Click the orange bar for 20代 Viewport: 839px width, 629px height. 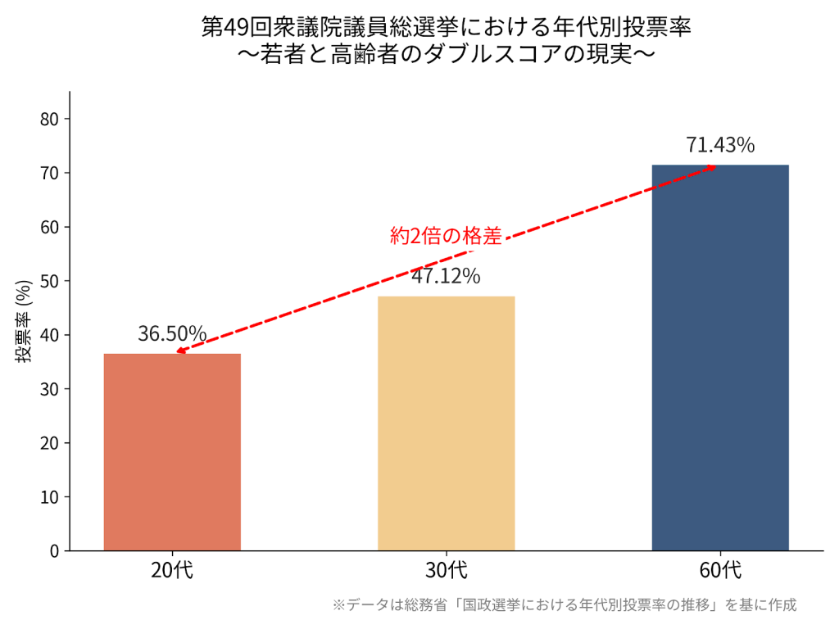tap(172, 452)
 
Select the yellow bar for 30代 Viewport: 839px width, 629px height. tap(447, 423)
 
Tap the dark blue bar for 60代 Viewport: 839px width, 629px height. tap(720, 358)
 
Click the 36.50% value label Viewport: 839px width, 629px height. tap(172, 333)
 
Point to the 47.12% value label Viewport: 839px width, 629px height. tap(446, 276)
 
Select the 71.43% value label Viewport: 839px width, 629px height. tap(720, 145)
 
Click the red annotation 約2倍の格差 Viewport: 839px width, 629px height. tap(446, 237)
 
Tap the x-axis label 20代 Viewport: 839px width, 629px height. tap(172, 570)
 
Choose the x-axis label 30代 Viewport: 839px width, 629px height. tap(447, 570)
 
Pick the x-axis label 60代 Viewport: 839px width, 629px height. tap(720, 570)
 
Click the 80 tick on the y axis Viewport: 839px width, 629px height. tap(50, 120)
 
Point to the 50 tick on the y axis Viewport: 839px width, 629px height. tap(50, 282)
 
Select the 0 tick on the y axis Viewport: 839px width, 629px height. tap(55, 551)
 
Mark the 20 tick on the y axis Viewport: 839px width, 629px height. tap(50, 443)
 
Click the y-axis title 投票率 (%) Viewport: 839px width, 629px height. tap(24, 321)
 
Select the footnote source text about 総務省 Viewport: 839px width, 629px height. tap(565, 605)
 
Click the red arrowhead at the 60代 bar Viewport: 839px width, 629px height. tap(711, 167)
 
